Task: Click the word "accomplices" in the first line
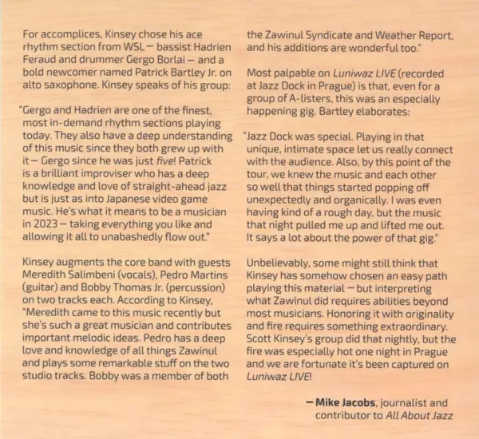pyautogui.click(x=74, y=35)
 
